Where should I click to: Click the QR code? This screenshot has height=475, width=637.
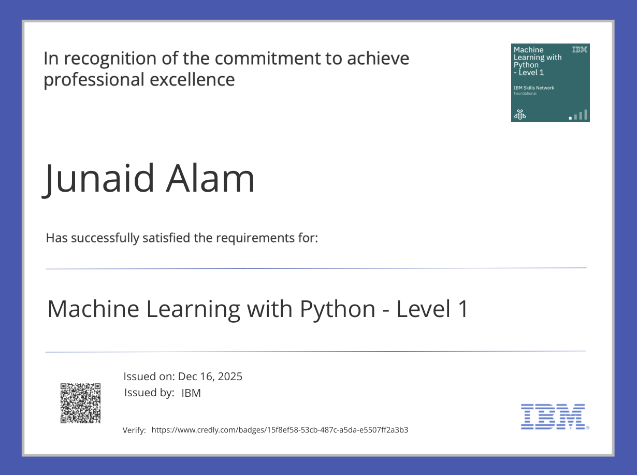point(80,403)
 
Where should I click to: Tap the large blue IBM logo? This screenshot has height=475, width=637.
point(554,416)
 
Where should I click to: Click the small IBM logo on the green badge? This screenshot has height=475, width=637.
point(580,50)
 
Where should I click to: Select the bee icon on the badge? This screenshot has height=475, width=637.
point(519,114)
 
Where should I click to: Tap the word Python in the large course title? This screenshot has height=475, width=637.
point(338,309)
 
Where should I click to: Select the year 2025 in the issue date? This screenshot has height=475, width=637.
point(230,377)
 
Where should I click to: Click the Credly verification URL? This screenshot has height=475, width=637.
point(280,430)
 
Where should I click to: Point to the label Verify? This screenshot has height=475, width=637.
point(134,430)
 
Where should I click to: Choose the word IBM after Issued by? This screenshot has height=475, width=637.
point(191,393)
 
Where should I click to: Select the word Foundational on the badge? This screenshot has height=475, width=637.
point(525,94)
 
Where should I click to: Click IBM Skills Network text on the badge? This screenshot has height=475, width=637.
point(533,88)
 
